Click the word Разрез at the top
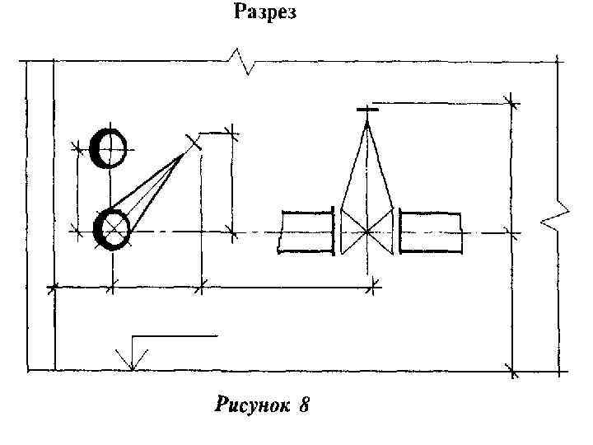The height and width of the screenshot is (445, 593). point(264,12)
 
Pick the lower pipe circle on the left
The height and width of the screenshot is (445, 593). point(111,229)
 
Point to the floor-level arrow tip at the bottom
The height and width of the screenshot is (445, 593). point(130,368)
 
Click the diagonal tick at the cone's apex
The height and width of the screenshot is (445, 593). point(194,143)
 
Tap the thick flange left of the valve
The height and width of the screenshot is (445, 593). point(334,232)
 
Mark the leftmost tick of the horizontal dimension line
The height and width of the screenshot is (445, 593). point(54,288)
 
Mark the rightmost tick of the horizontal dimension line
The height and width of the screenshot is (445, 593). point(376,287)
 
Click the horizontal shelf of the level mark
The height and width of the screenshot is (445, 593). point(174,335)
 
